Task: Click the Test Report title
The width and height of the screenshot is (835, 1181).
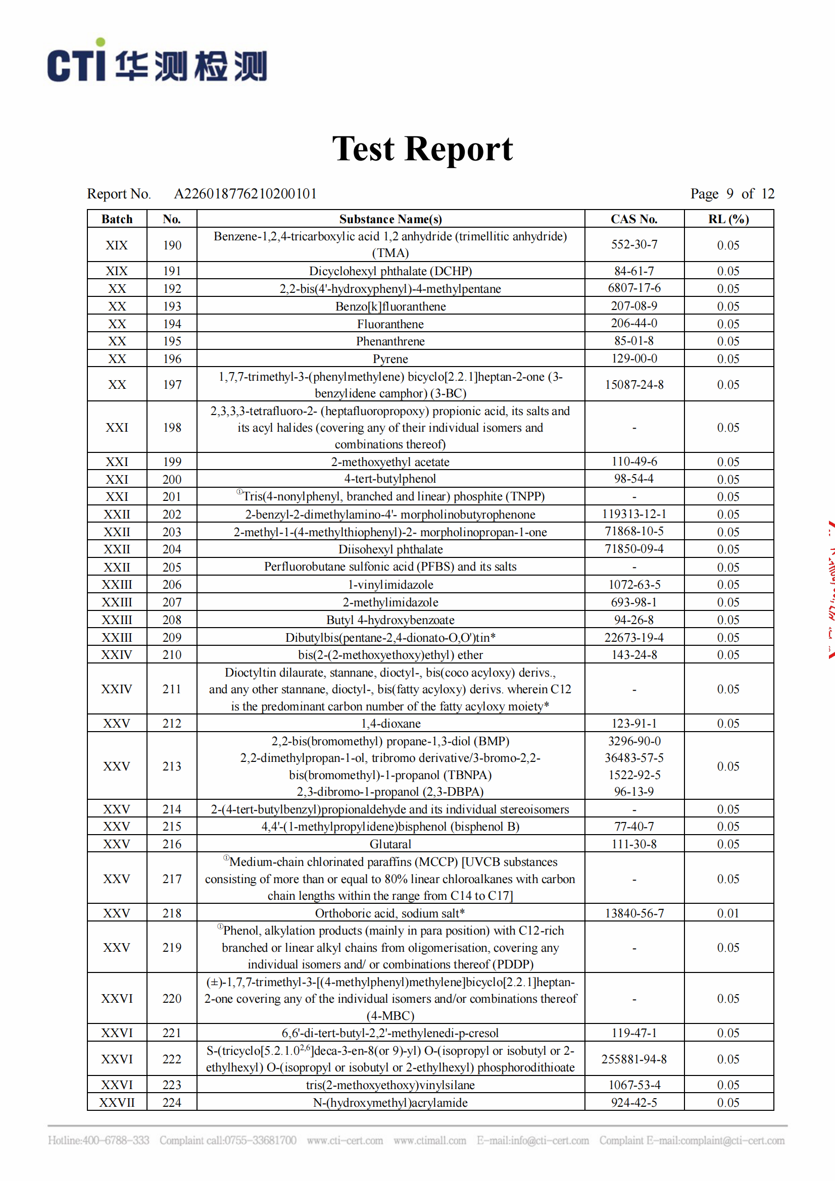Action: pos(422,149)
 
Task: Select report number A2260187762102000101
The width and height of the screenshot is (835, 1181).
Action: pos(245,194)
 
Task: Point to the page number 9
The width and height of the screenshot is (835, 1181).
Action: pos(729,193)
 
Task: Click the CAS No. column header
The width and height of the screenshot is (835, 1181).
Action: pos(634,219)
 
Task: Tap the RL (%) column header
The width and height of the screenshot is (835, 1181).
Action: pos(728,219)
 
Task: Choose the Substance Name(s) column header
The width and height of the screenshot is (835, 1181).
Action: pos(390,219)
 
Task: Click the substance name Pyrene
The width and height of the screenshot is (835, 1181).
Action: pos(390,359)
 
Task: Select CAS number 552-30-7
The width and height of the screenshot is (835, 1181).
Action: pos(634,244)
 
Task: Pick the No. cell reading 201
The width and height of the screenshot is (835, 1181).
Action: pos(172,497)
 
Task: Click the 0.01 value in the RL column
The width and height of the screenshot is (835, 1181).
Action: pos(728,913)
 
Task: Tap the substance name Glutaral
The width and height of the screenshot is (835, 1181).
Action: pos(390,844)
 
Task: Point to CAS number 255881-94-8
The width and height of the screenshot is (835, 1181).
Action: pos(634,1059)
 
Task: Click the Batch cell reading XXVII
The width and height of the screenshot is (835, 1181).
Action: pos(117,1103)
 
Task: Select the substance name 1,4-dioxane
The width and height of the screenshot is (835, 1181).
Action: pos(390,724)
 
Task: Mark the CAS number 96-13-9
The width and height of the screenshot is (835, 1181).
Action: pos(634,792)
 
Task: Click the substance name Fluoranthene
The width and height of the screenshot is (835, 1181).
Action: pos(390,324)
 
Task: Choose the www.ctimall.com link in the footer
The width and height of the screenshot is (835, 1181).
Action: pos(429,1141)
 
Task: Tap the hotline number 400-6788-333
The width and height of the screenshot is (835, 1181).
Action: pos(116,1141)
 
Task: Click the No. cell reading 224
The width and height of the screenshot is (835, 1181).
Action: pos(172,1103)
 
